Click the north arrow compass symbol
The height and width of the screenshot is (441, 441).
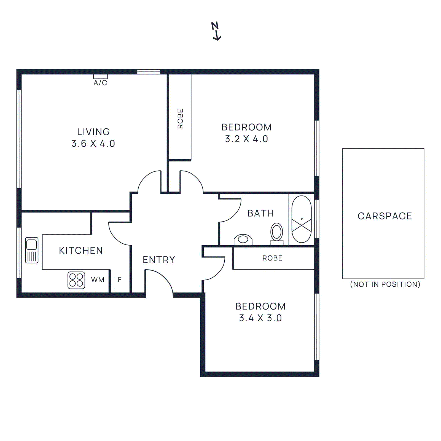click(x=216, y=31)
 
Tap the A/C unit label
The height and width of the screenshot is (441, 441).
click(x=100, y=83)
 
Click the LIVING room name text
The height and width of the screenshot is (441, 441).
click(x=93, y=132)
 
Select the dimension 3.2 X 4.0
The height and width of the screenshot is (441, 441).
click(x=246, y=139)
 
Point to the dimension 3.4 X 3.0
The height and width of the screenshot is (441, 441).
click(x=260, y=318)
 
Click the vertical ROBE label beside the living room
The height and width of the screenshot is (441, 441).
click(x=180, y=119)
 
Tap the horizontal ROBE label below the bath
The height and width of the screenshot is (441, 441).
click(x=272, y=258)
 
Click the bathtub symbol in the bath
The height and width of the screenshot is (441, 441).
click(x=302, y=219)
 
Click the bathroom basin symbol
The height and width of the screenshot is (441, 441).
click(x=243, y=239)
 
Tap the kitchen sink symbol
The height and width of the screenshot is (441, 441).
click(x=32, y=250)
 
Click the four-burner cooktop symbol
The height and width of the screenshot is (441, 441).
click(x=76, y=280)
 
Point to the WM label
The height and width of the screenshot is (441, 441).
click(x=98, y=280)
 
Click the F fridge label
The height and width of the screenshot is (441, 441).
click(x=120, y=280)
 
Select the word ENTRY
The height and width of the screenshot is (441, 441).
click(x=159, y=260)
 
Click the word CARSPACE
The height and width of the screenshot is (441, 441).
click(x=385, y=216)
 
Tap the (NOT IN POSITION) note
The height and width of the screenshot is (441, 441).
click(x=385, y=284)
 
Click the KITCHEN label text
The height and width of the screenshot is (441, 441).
click(x=81, y=251)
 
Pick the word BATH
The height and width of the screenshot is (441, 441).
click(x=260, y=213)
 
